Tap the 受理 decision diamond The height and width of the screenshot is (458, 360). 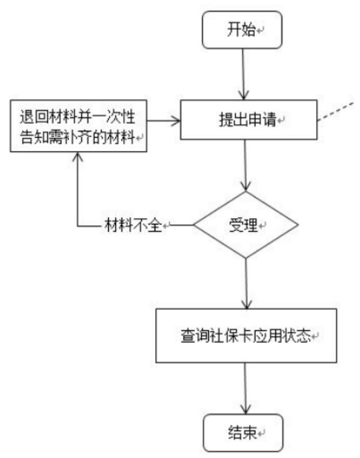click(246, 225)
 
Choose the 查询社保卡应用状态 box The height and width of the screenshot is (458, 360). click(246, 336)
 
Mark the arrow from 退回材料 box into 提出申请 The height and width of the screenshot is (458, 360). click(163, 122)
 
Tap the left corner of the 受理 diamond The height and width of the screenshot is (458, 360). click(195, 225)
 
